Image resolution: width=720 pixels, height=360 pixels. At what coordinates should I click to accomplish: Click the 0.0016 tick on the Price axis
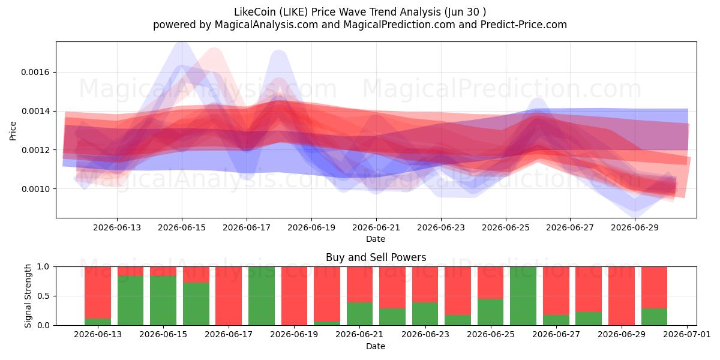click(x=35, y=73)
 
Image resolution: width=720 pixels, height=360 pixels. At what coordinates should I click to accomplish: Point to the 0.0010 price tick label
click(x=35, y=189)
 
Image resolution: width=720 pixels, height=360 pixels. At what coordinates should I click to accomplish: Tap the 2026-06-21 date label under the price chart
click(x=376, y=227)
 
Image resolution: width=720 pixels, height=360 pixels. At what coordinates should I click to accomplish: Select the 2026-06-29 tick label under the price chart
click(x=635, y=227)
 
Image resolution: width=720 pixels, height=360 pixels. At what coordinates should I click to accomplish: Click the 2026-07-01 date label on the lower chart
click(x=687, y=334)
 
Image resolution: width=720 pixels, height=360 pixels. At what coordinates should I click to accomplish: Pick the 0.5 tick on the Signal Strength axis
click(x=43, y=296)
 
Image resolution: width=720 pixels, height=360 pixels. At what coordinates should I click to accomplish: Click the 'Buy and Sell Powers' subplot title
click(x=376, y=257)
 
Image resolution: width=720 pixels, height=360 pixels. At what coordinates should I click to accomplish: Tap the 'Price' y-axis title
click(x=13, y=131)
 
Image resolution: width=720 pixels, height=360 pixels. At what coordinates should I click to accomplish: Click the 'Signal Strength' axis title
click(x=28, y=296)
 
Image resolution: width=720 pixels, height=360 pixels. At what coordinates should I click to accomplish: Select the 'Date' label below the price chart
click(x=376, y=239)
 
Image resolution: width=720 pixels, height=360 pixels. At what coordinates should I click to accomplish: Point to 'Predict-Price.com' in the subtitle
click(x=524, y=25)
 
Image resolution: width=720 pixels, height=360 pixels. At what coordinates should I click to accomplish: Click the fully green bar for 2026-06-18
click(x=262, y=296)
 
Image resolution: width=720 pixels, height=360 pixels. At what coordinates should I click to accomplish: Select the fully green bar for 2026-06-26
click(x=523, y=296)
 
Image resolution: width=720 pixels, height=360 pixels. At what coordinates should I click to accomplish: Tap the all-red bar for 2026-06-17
click(x=229, y=296)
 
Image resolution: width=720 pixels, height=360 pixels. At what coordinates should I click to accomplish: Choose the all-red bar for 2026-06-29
click(x=622, y=296)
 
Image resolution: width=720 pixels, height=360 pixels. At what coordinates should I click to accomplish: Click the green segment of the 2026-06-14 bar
click(x=131, y=301)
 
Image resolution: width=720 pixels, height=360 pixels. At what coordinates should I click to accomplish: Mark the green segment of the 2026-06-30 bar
click(x=654, y=317)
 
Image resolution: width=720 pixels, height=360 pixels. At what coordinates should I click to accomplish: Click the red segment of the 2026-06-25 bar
click(x=491, y=283)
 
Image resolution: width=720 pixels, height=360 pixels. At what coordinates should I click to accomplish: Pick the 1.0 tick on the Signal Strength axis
click(x=43, y=266)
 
